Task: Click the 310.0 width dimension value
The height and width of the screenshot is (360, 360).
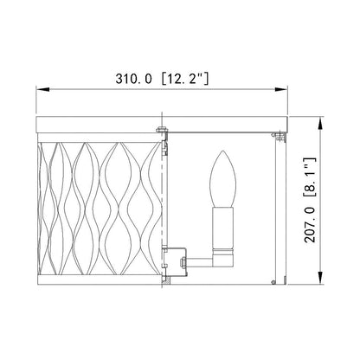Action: coord(133,79)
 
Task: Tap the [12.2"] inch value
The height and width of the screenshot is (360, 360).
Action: coord(184,79)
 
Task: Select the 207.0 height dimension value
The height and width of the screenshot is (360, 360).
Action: coord(310,224)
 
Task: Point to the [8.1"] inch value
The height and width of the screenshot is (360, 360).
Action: coord(310,177)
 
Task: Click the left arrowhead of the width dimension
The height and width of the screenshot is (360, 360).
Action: coord(42,90)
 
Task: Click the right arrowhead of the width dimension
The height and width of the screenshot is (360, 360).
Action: coord(281,90)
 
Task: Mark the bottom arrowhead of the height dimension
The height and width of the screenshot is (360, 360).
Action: coord(320,278)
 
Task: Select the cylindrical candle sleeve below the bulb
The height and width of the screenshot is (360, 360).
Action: coord(222,228)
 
